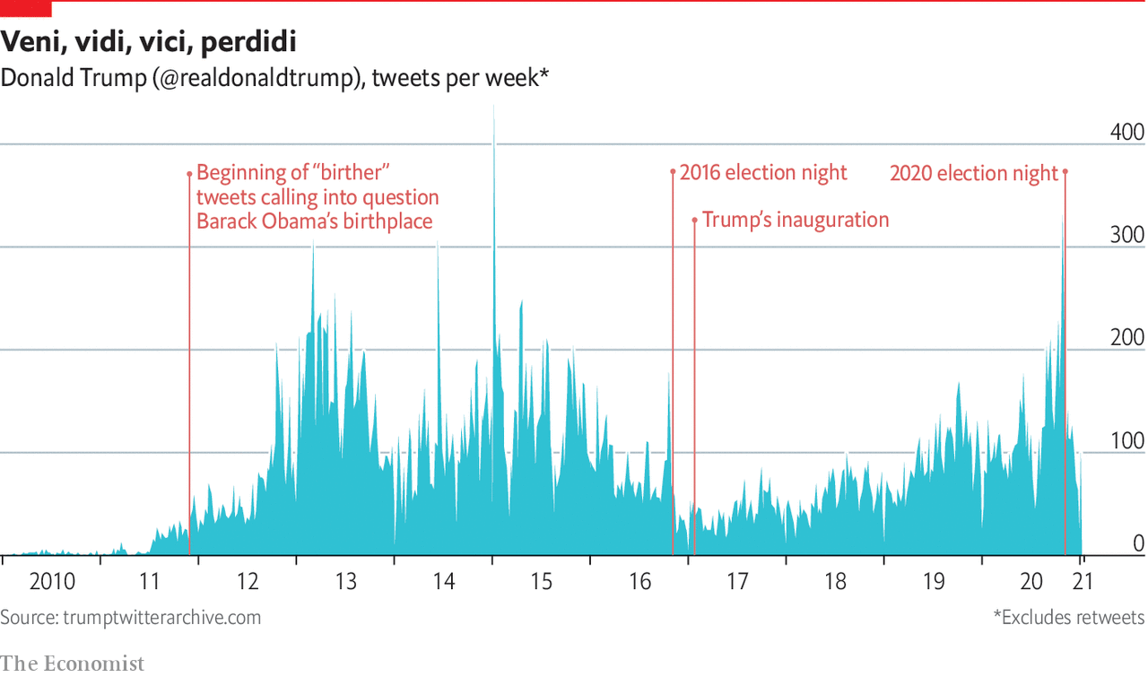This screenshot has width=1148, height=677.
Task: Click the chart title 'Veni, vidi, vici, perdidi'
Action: coord(148,41)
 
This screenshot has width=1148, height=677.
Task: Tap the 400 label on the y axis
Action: coord(1127,133)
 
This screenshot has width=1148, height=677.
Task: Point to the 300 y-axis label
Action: coord(1127,236)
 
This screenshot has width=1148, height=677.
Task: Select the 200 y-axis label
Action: coord(1127,339)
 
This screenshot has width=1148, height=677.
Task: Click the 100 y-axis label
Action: coord(1127,442)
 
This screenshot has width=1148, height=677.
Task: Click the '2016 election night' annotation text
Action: coord(763,172)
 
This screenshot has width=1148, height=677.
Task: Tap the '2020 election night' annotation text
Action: coord(974,173)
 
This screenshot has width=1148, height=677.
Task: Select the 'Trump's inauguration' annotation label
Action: coord(796,220)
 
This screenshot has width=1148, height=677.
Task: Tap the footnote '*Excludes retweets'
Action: coord(1068,618)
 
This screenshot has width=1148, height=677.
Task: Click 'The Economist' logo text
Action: coord(72,664)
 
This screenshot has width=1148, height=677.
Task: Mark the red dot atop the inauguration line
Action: coord(694,219)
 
